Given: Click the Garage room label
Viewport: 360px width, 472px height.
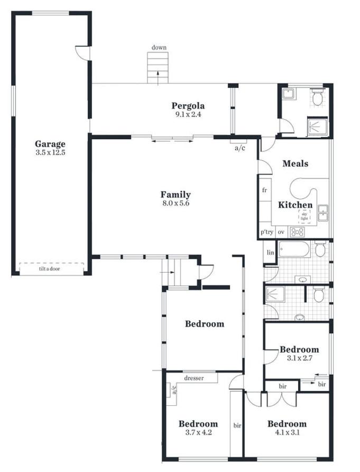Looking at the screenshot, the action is pos(50,144).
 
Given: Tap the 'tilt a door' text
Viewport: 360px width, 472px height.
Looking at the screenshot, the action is pos(49,269).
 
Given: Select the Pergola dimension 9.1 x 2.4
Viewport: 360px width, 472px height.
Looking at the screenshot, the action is pos(188,114).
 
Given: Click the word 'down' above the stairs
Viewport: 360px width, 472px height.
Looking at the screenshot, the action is pos(159,47).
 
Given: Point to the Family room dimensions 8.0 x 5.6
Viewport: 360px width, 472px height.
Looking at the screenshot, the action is pos(176,203).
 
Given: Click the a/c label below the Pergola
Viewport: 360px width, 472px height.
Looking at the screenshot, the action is pos(239,148).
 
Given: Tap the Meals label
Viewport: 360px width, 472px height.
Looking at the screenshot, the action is pos(296,164).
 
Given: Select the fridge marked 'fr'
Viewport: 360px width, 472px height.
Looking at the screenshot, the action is pos(265,190).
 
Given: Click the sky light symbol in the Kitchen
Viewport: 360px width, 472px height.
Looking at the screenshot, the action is pos(304,216).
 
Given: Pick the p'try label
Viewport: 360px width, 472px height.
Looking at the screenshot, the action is pos(267,232).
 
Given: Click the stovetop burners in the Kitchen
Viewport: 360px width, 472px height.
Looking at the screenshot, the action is pos(297,232).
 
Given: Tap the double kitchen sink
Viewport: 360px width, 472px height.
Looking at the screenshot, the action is pos(324,213).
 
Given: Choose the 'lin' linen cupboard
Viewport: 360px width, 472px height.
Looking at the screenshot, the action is pos(270,252).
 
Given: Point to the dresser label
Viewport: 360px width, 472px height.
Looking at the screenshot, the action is pos(194,378).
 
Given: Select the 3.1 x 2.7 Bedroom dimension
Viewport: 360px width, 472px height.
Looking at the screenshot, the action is pos(299,358).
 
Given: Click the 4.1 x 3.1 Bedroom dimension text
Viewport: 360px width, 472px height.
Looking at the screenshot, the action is pos(287,433).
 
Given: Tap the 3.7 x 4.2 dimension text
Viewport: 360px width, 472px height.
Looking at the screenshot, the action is pos(198,433).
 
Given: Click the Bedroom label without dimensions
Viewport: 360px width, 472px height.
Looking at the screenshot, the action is pos(205,324).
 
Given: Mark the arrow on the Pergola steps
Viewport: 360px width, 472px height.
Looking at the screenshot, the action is pos(158,78).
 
